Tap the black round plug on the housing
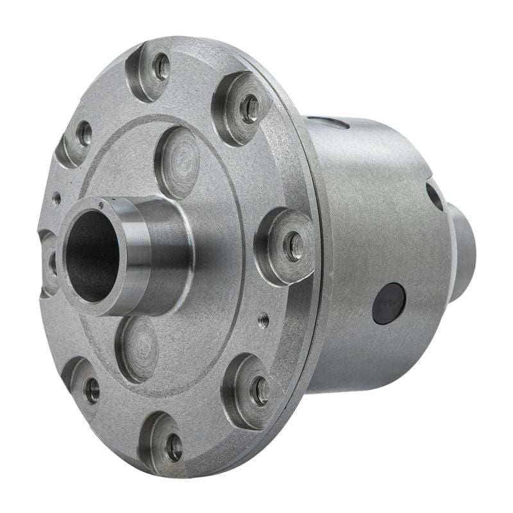pyautogui.click(x=389, y=303)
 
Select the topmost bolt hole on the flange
pyautogui.click(x=162, y=67)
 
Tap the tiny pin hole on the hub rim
pyautogui.click(x=101, y=206)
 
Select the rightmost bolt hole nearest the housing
pyautogui.click(x=294, y=246)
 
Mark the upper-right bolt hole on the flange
pyautogui.click(x=250, y=109)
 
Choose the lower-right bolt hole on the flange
pyautogui.click(x=260, y=391)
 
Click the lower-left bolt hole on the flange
pyautogui.click(x=92, y=391)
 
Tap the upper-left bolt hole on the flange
pyautogui.click(x=84, y=133)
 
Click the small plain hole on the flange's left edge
pyautogui.click(x=57, y=199)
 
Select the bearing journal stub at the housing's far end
pyautogui.click(x=464, y=253)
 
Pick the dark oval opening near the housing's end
pyautogui.click(x=434, y=196)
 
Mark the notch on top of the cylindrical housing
pyautogui.click(x=333, y=122)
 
